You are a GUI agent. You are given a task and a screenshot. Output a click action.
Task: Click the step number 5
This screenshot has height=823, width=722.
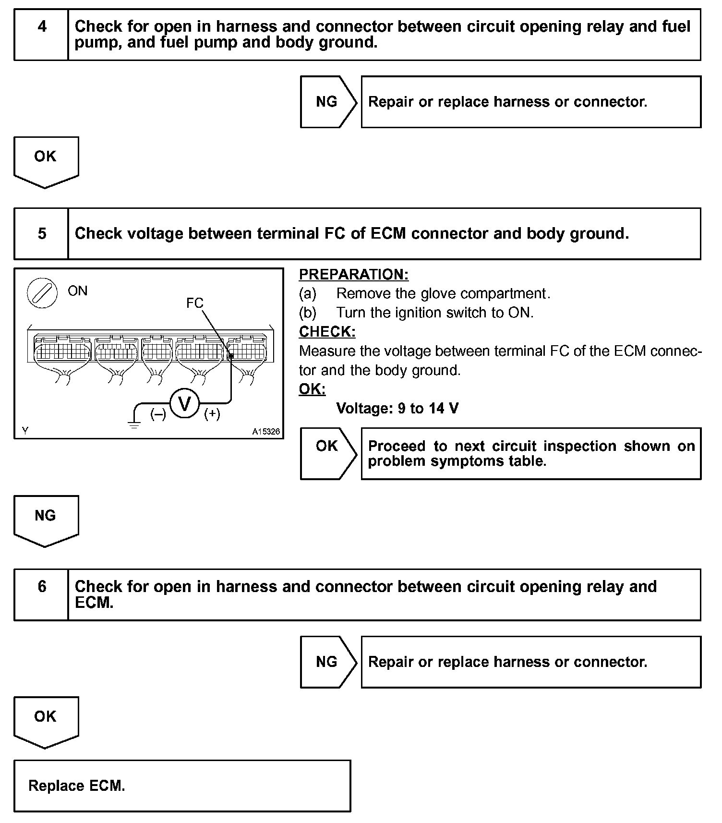pyautogui.click(x=42, y=234)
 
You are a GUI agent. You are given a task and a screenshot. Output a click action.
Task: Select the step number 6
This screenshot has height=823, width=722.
pyautogui.click(x=42, y=586)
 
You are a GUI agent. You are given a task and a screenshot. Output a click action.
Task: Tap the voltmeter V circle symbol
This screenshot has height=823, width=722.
pyautogui.click(x=185, y=404)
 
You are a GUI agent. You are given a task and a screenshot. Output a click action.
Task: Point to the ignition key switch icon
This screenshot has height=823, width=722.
pyautogui.click(x=42, y=293)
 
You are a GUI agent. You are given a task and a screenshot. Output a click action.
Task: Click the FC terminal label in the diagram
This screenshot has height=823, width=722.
pyautogui.click(x=194, y=303)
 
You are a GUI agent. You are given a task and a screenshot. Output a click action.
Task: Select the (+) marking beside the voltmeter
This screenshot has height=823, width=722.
pyautogui.click(x=212, y=414)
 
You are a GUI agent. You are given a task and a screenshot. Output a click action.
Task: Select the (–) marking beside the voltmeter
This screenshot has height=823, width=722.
pyautogui.click(x=158, y=414)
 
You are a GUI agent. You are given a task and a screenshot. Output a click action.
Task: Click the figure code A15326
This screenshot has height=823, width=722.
pyautogui.click(x=266, y=431)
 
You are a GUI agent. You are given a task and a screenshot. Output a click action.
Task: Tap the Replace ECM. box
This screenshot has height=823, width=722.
pyautogui.click(x=182, y=786)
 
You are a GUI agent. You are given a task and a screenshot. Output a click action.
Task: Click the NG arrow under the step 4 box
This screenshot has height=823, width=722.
pyautogui.click(x=328, y=102)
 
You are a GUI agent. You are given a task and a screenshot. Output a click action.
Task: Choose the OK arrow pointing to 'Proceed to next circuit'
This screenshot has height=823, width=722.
pyautogui.click(x=328, y=453)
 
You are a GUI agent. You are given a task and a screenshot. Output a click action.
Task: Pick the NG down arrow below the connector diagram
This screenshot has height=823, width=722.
pyautogui.click(x=46, y=520)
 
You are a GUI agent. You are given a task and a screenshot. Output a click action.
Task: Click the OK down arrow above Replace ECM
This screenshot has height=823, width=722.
pyautogui.click(x=46, y=721)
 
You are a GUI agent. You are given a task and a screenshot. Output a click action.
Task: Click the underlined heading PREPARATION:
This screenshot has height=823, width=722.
pyautogui.click(x=353, y=274)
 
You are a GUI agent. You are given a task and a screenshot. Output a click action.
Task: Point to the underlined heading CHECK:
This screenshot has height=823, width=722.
pyautogui.click(x=327, y=332)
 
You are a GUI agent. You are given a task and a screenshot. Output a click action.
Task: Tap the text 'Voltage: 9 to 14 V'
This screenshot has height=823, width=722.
pyautogui.click(x=397, y=409)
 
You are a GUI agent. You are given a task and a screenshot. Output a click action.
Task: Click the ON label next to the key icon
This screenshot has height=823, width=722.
pyautogui.click(x=78, y=291)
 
